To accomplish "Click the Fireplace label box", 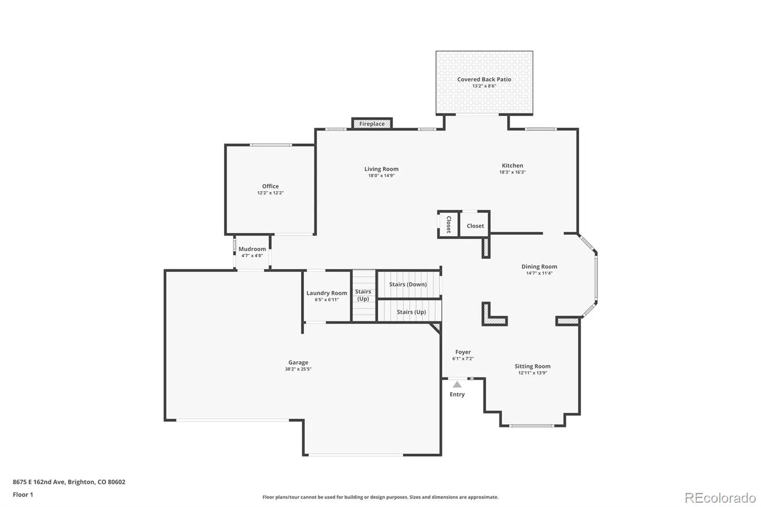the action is click(372, 123).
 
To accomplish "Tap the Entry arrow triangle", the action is click(457, 385).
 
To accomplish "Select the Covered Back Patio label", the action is click(484, 79).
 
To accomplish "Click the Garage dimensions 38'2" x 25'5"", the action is click(298, 369).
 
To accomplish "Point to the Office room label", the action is click(271, 186).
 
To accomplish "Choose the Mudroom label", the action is click(252, 249).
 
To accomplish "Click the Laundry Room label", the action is click(327, 293).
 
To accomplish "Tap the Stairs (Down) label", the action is click(408, 284).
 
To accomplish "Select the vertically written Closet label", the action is click(449, 224).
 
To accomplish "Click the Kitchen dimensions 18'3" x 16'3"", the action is click(512, 172).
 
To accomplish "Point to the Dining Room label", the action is click(539, 266).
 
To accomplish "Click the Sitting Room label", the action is click(532, 366).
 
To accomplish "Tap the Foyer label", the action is click(463, 352).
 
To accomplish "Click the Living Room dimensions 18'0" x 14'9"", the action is click(381, 175).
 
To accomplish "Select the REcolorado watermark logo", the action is click(720, 498).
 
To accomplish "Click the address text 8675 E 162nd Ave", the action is click(39, 482).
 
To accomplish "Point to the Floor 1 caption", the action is click(23, 495).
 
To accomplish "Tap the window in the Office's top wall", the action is click(271, 145).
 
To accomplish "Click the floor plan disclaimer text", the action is click(380, 497).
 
